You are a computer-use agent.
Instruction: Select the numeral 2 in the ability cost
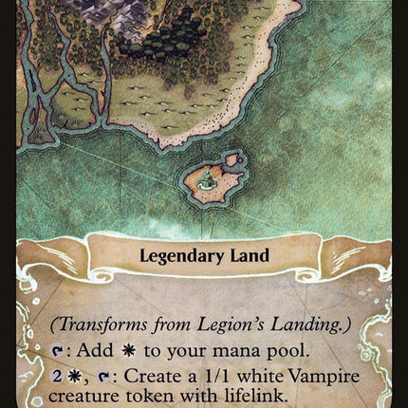[56, 377]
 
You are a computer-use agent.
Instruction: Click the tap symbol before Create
[92, 377]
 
